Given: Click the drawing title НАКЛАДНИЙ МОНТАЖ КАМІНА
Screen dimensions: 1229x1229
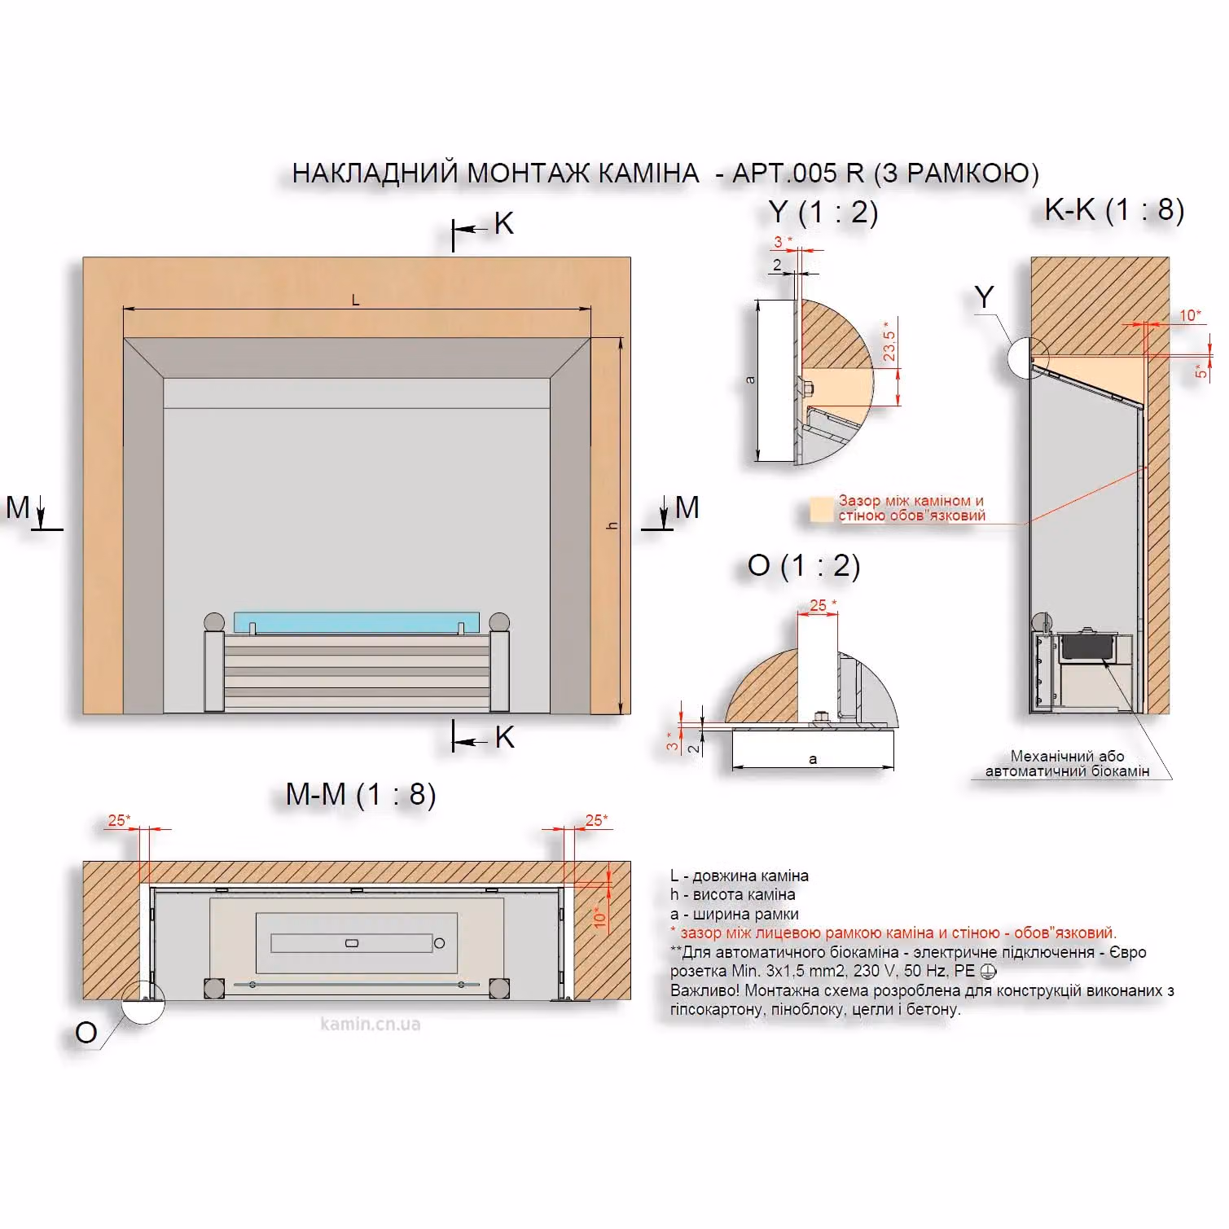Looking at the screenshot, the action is (x=495, y=173).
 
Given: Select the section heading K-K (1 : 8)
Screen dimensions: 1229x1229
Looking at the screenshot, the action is (x=1114, y=210).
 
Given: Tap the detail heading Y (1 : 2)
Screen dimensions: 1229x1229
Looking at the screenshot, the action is (x=823, y=213).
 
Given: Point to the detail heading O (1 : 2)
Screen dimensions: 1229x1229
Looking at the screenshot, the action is (x=804, y=565).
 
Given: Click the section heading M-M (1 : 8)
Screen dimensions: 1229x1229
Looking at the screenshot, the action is (x=361, y=794).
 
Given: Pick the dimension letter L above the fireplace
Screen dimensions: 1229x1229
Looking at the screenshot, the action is (x=355, y=301).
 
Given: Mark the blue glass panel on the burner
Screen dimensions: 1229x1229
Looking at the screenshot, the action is (x=357, y=623).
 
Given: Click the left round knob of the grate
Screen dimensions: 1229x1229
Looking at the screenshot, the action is (x=214, y=622).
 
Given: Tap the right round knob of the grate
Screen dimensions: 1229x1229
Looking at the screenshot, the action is (x=499, y=622).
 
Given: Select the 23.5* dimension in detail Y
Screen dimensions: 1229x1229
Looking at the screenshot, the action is (x=889, y=341).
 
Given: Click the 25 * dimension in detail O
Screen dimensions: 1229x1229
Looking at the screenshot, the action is (x=823, y=605).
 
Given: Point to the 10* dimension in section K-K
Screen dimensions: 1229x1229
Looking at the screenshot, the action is (x=1190, y=315).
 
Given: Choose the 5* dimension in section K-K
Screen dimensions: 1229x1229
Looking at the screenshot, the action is (x=1200, y=371).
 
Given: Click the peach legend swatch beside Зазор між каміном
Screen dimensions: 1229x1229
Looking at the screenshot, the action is (x=821, y=509).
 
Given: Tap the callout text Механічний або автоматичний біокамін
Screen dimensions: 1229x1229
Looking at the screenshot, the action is (x=1067, y=763).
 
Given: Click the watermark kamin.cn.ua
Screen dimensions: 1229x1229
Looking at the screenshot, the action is (x=371, y=1024).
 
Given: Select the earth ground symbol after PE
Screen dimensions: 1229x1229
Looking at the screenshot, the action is (x=988, y=971).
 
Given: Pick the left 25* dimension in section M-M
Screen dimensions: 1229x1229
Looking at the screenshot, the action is (x=119, y=820).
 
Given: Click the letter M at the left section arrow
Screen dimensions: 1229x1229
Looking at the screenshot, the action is (x=18, y=507).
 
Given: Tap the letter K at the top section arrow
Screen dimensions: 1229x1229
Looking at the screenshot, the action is (x=504, y=223).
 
